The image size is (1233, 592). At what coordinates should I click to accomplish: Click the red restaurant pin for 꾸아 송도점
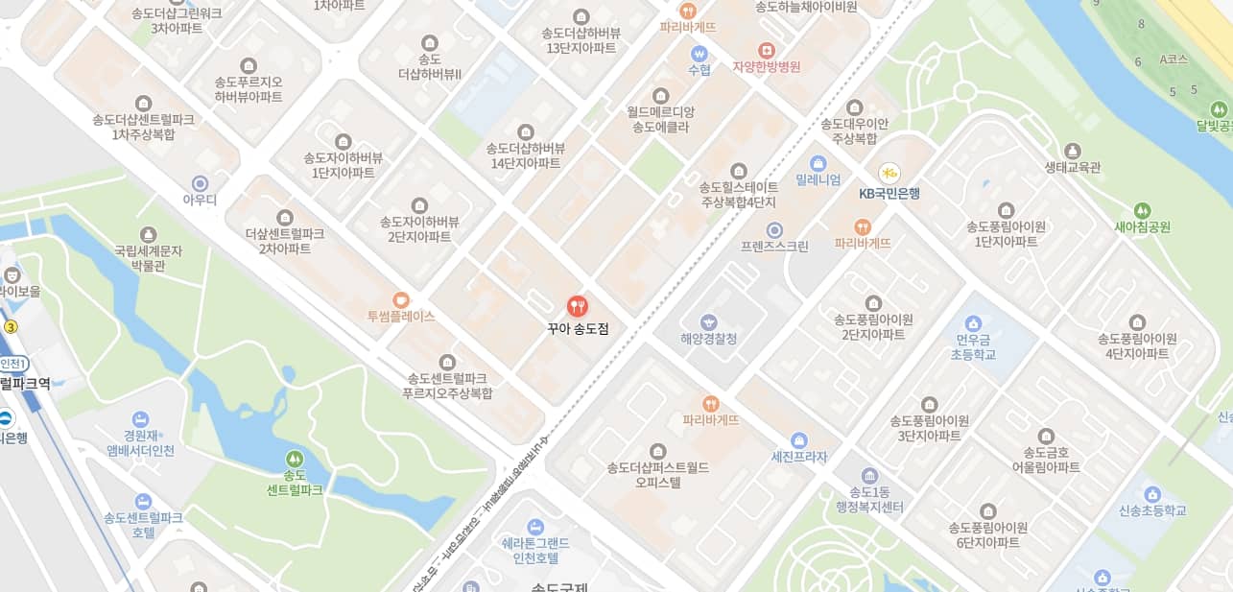coord(578,306)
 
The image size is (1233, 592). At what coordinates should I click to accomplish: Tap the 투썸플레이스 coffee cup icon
coord(401,298)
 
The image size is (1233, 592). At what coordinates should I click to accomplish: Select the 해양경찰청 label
coord(709,339)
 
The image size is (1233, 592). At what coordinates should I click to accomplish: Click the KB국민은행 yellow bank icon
coord(889,173)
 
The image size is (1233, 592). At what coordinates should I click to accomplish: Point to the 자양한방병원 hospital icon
coord(766,50)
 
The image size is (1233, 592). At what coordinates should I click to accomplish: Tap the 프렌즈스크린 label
coord(774,247)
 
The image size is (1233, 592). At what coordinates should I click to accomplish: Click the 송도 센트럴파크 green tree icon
coord(295,459)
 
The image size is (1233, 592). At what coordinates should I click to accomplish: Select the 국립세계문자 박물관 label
coord(148,258)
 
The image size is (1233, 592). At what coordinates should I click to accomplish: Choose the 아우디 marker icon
coord(201,182)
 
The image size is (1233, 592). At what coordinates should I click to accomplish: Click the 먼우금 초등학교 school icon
coord(974,323)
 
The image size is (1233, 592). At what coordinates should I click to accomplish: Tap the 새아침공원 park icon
coord(1142,210)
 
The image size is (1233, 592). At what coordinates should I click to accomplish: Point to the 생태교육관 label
coord(1073,167)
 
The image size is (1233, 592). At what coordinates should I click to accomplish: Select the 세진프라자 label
coord(799,457)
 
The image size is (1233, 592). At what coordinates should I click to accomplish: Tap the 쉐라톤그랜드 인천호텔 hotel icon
coord(535,526)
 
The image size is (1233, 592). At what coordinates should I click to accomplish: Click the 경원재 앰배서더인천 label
coord(140,442)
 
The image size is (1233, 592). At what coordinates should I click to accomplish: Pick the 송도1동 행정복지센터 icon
coord(869,476)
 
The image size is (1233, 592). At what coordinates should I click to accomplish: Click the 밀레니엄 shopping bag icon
coord(818,163)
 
